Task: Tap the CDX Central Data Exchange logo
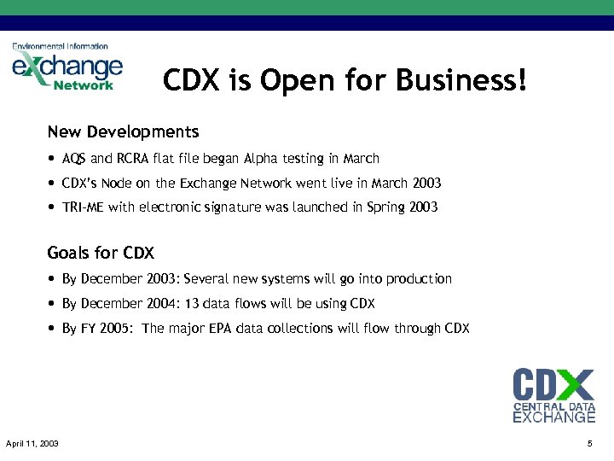pos(553,394)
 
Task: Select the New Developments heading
pos(123,132)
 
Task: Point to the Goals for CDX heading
pos(100,253)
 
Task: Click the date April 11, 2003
pos(32,443)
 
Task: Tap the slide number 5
pos(589,443)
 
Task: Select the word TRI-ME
pos(84,207)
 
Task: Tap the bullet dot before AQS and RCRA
pos(52,159)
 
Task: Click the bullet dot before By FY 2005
pos(52,329)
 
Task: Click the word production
pos(419,279)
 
